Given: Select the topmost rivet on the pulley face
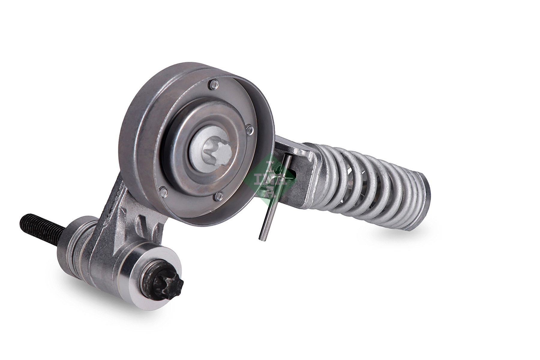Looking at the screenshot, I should tap(213, 85).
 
